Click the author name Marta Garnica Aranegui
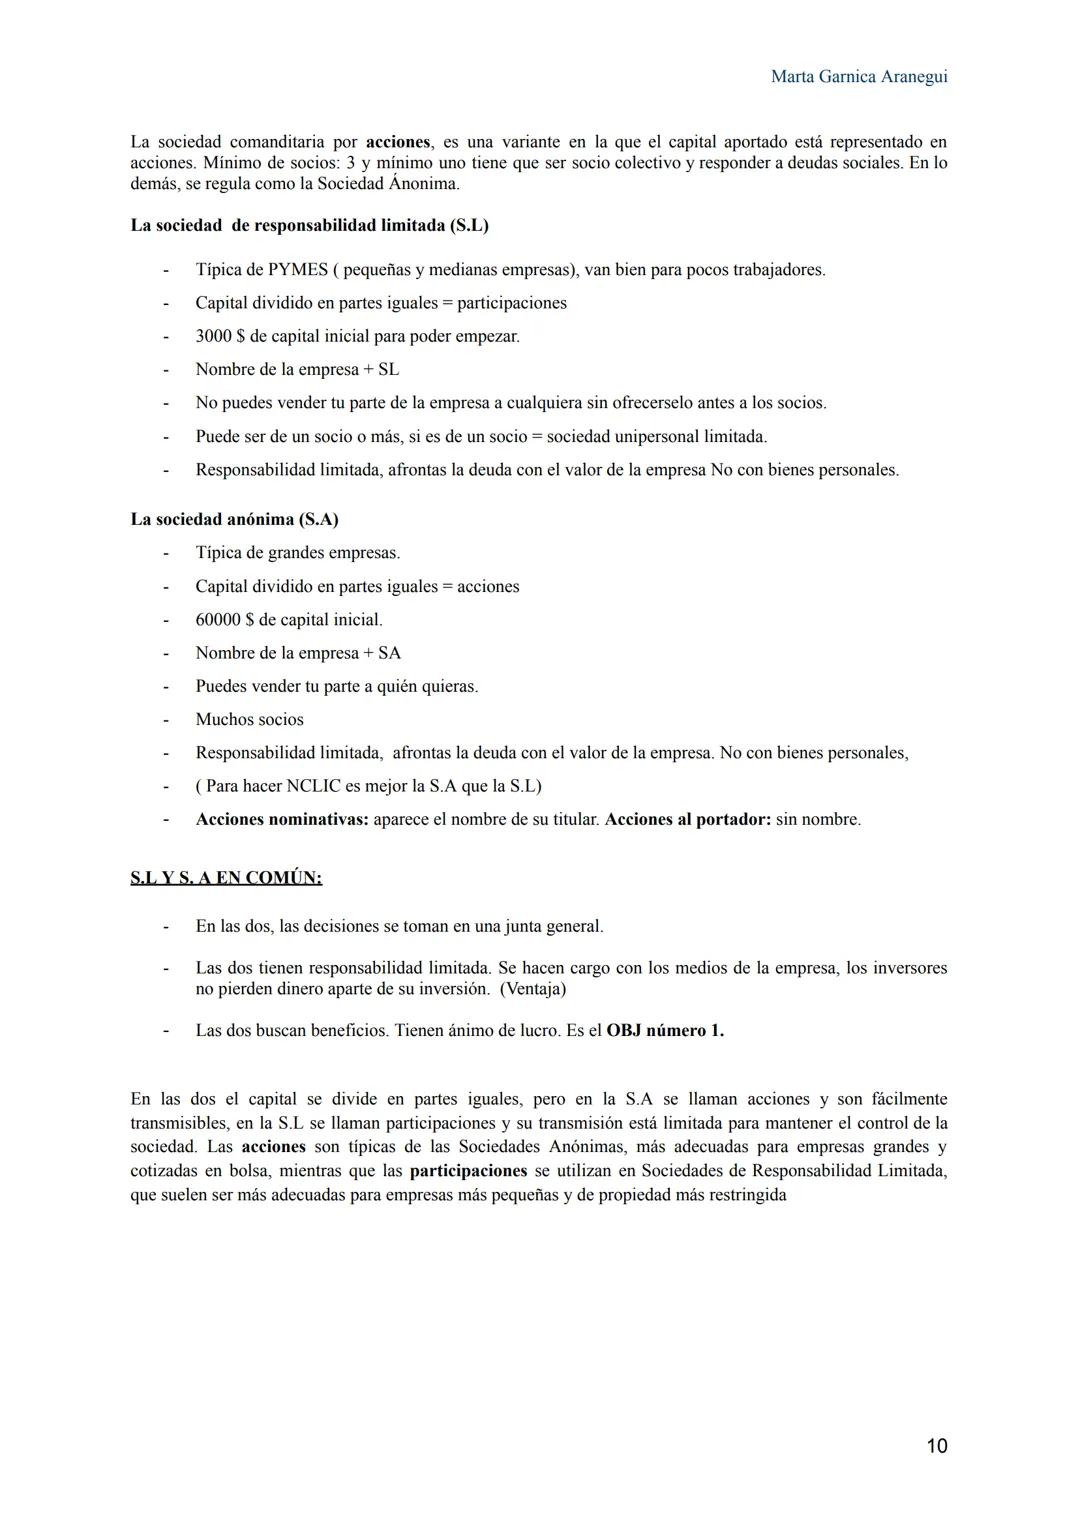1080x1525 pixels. tap(859, 77)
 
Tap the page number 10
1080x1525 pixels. tap(936, 1446)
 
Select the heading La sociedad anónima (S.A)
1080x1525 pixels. tap(234, 520)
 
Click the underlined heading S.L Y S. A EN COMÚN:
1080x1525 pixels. tap(226, 878)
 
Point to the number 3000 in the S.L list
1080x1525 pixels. tap(213, 337)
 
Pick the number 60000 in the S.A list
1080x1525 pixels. tap(218, 620)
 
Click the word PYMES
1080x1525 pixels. tap(298, 270)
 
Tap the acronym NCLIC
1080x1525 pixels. tap(309, 786)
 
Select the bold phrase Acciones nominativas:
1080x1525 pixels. tap(282, 820)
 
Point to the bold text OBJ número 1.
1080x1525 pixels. tap(665, 1031)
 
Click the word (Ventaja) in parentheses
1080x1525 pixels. tap(533, 989)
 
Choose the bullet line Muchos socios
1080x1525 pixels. tap(249, 720)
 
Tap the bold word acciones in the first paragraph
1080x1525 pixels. tap(398, 142)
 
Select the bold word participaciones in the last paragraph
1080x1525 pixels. tap(468, 1171)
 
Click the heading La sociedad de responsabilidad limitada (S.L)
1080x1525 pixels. tap(309, 225)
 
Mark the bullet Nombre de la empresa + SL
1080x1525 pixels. tap(297, 370)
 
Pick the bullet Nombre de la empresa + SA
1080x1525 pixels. tap(298, 653)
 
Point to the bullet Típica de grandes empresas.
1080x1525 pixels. tap(297, 553)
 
